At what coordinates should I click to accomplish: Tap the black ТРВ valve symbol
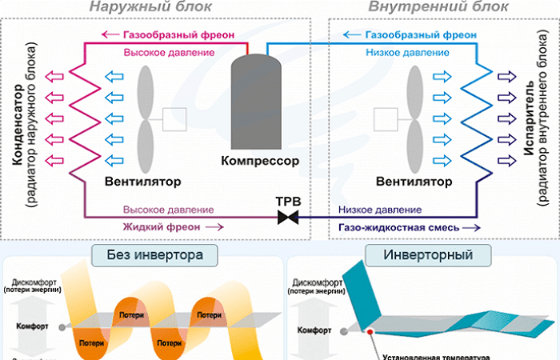click(287, 217)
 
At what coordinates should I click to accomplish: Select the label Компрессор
click(259, 162)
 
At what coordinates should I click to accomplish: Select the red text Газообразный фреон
click(169, 35)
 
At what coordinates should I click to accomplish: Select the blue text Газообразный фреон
click(409, 35)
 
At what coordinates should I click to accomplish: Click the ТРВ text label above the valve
click(287, 200)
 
